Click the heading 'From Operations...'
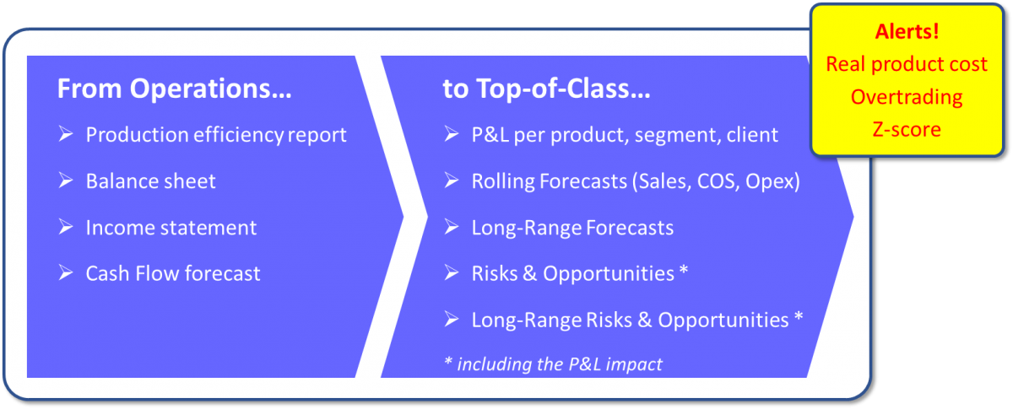174,89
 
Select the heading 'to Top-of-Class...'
546,89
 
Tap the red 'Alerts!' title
907,32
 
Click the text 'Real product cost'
907,64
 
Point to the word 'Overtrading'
907,97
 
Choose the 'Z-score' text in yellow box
907,130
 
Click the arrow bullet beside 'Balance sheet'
66,180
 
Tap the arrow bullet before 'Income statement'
66,227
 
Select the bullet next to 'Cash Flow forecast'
66,273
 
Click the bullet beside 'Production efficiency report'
66,134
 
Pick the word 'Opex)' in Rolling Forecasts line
773,181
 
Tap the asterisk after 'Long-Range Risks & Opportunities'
799,316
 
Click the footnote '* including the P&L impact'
554,363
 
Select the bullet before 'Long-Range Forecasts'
452,227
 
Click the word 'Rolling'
503,181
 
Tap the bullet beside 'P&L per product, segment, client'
452,134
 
